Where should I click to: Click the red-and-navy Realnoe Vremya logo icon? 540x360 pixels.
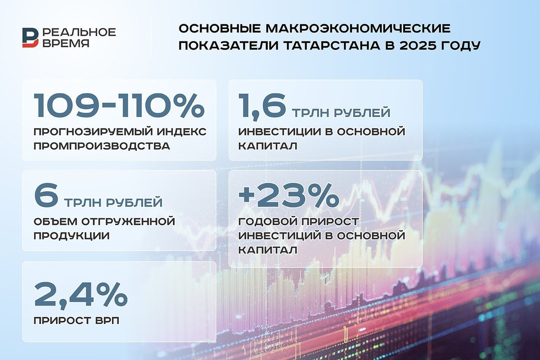tap(31, 37)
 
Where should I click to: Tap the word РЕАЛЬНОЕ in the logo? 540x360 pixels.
tap(79, 32)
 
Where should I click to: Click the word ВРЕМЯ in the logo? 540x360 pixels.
tap(66, 43)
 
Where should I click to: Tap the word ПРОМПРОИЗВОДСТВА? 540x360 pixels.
tap(102, 146)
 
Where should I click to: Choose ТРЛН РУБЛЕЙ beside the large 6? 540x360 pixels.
tap(113, 202)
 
